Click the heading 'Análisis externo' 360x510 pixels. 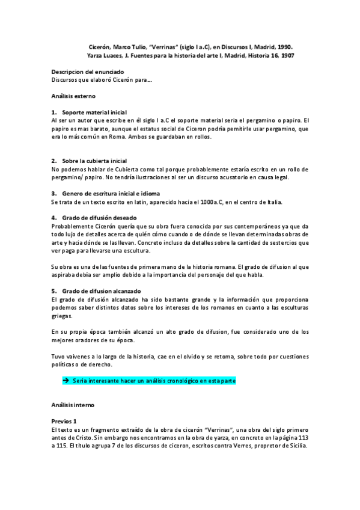tap(73, 96)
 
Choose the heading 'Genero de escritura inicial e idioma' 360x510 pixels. tap(111, 193)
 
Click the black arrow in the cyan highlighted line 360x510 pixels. tap(66, 381)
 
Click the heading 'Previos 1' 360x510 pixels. tap(64, 422)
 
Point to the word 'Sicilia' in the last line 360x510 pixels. tap(297, 446)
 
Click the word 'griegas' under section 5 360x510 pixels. tap(62, 316)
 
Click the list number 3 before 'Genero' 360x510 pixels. tap(54, 193)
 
